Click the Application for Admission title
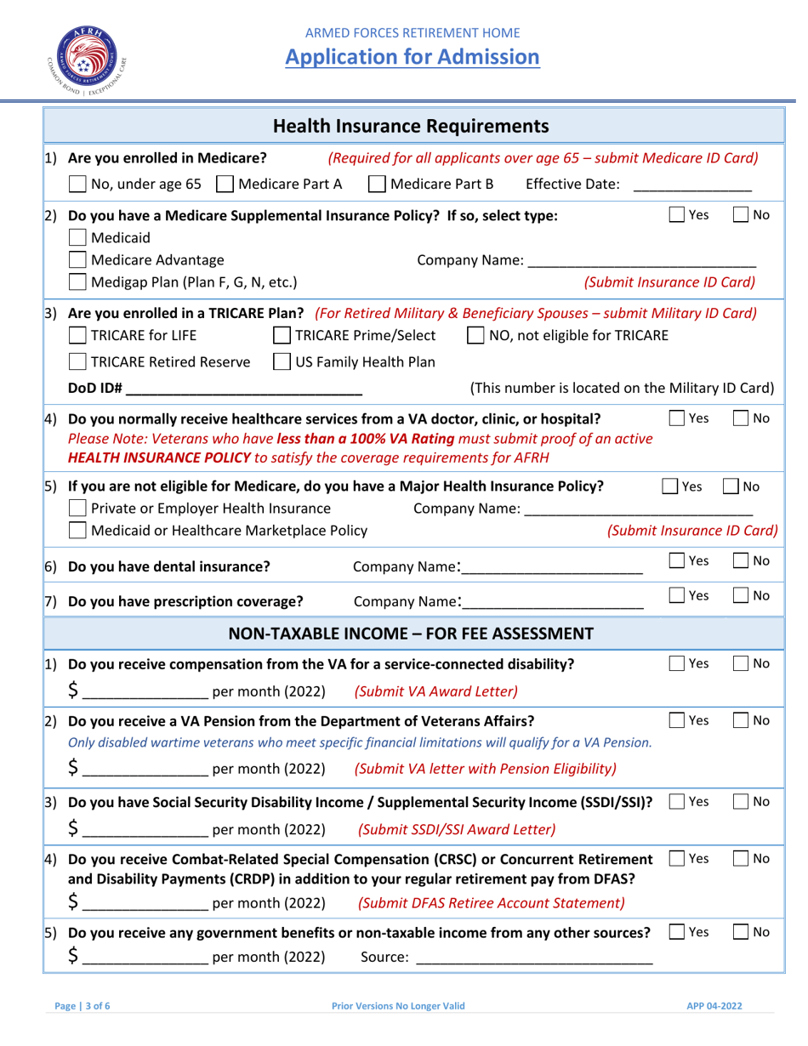[412, 57]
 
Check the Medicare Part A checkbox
[225, 184]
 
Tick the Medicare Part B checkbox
[377, 184]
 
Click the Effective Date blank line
[692, 185]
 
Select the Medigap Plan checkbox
[77, 281]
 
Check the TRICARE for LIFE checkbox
[77, 335]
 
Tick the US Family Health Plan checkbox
[281, 362]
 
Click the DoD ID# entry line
[246, 389]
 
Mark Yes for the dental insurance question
[676, 561]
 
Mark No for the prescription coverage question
[742, 596]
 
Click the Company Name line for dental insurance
[553, 567]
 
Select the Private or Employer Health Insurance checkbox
[77, 509]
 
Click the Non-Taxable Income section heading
[412, 633]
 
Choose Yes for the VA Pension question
[676, 721]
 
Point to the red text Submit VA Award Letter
[435, 691]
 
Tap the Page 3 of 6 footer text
[82, 1005]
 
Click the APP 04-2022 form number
[714, 1005]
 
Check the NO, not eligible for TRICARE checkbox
[477, 335]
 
